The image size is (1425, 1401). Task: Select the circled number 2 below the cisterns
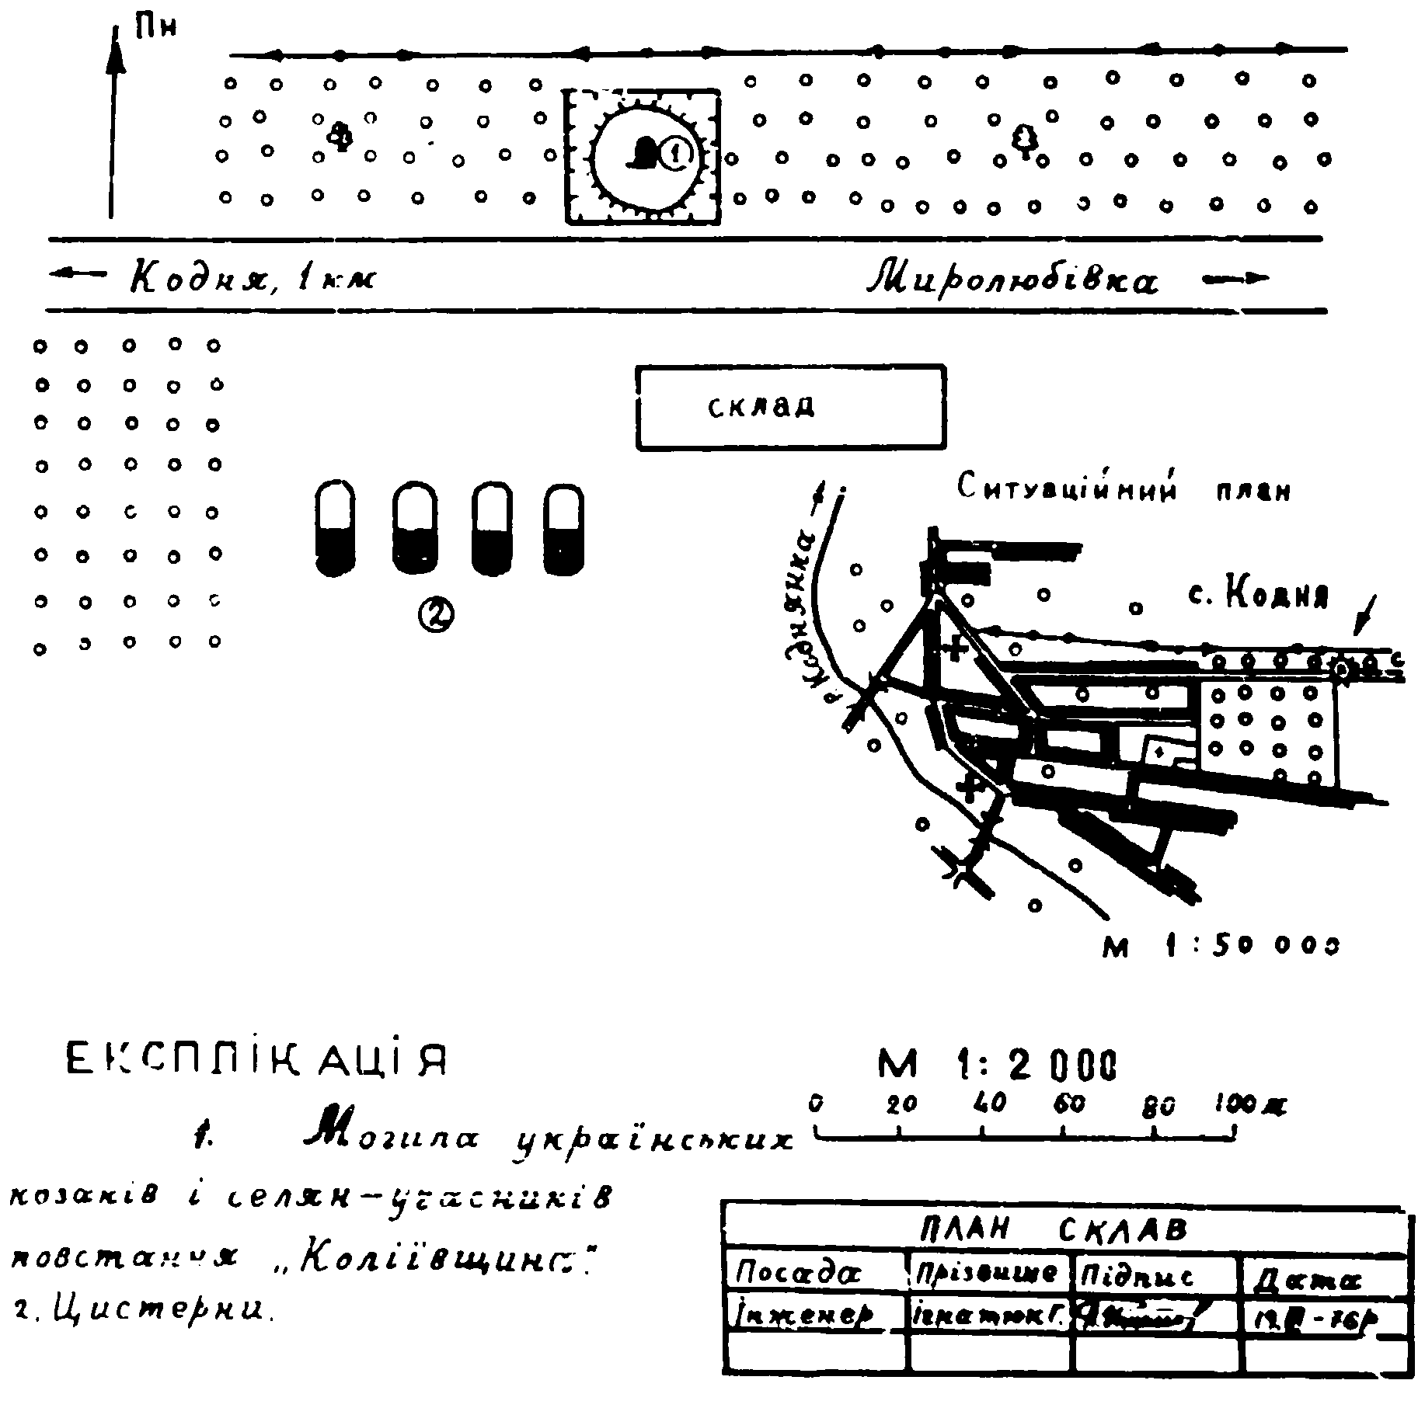[436, 615]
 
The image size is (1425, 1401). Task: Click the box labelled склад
[790, 407]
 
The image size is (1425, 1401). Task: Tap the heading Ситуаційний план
[1123, 490]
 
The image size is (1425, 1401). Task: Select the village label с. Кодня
[1258, 595]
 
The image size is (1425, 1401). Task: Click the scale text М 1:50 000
[1221, 946]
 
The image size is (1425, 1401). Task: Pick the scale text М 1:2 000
[998, 1064]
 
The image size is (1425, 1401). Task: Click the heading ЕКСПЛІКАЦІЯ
[256, 1061]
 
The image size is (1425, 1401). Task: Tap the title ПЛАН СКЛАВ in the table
[1053, 1230]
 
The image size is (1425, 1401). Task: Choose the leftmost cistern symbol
[335, 528]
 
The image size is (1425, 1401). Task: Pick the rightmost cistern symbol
[563, 529]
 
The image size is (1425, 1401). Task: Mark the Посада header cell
[798, 1274]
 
